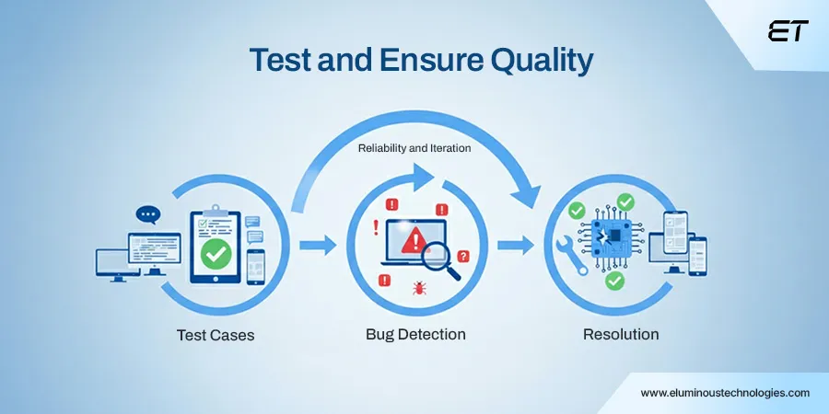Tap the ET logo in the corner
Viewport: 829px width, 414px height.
(x=788, y=31)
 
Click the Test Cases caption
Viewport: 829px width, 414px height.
(x=216, y=335)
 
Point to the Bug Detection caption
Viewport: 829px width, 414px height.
(x=415, y=334)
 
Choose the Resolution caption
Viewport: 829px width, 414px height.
(x=621, y=334)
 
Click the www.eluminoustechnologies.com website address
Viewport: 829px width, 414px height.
(x=725, y=392)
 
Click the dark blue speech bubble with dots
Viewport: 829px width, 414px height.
(x=147, y=215)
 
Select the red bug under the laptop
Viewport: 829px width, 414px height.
(x=419, y=287)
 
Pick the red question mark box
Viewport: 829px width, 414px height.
(x=463, y=257)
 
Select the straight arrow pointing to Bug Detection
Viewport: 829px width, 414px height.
(x=318, y=245)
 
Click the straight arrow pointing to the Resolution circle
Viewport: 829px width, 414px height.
(x=516, y=245)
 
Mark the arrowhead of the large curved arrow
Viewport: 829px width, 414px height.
(x=530, y=194)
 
